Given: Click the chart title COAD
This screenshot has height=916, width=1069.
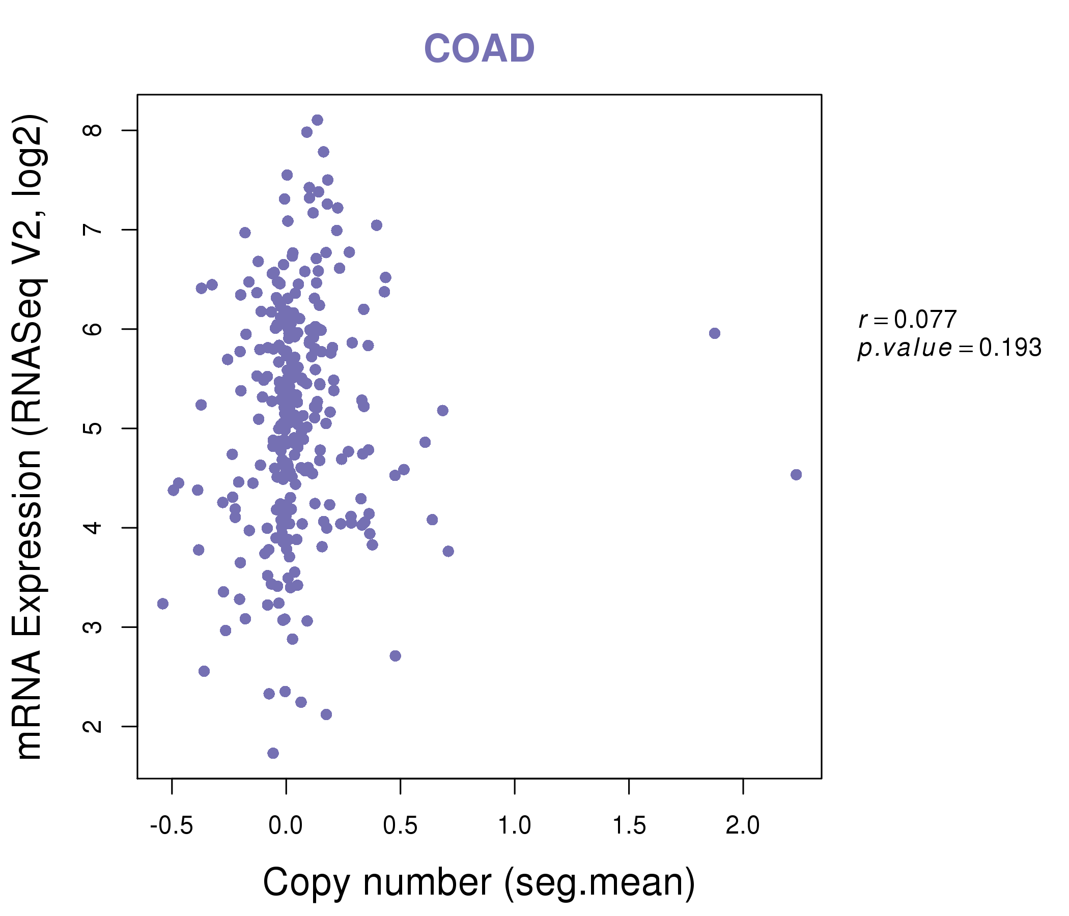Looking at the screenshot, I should (x=479, y=49).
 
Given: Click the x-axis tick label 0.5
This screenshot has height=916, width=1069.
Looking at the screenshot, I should (x=400, y=826).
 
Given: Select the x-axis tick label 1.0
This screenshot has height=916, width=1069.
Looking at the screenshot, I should (x=514, y=826).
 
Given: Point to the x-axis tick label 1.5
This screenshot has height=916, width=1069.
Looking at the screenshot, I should (x=629, y=826).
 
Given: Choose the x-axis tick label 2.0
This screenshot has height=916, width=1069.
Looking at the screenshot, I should (x=743, y=826).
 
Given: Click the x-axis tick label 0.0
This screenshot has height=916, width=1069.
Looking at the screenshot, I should (x=286, y=826).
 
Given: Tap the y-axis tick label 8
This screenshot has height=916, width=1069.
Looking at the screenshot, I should (x=93, y=130).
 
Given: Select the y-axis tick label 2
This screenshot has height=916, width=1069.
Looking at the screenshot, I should (x=93, y=726).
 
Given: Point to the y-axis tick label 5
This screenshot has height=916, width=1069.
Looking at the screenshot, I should (x=93, y=428).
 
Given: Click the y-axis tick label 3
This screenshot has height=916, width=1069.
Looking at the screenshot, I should (x=93, y=627).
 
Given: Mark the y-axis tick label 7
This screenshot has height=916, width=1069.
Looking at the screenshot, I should (x=93, y=230).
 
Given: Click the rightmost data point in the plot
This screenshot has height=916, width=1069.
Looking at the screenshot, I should (x=796, y=474).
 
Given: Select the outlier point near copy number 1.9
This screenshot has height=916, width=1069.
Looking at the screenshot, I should (x=715, y=333).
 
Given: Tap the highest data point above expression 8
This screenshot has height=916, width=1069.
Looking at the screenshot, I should (x=317, y=120).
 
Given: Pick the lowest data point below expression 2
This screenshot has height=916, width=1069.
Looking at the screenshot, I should (x=273, y=753).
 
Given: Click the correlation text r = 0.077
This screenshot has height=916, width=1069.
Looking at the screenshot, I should (x=907, y=320).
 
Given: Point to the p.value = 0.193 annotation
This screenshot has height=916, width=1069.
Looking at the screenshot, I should (x=949, y=348).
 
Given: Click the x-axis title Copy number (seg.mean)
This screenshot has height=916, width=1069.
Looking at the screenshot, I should (x=479, y=883).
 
